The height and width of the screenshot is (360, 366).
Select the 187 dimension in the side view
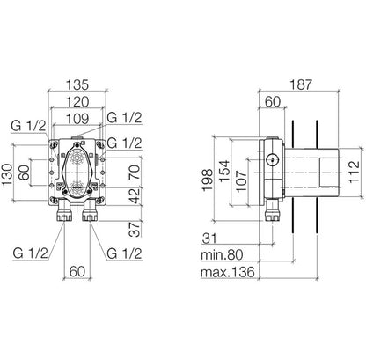(x=300, y=86)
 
